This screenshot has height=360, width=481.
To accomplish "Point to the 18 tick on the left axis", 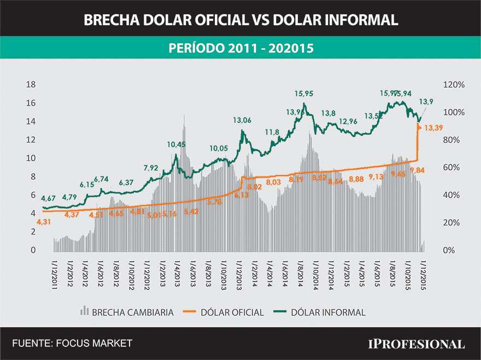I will click(31, 85).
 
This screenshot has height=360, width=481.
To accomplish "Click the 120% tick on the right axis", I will click(454, 85).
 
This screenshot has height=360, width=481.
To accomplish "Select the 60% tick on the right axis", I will click(454, 168).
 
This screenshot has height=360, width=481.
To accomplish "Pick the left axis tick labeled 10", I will click(31, 158).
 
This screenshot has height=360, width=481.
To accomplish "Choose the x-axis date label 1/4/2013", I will click(177, 274).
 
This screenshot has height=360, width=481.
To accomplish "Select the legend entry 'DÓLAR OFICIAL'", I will click(232, 312).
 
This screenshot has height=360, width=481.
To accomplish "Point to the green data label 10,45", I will click(176, 144).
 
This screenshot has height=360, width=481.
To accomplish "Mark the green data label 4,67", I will click(49, 198).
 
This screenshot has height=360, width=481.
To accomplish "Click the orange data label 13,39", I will click(433, 128).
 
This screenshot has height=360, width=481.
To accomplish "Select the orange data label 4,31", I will click(43, 221).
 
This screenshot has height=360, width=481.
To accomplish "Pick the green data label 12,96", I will click(348, 121).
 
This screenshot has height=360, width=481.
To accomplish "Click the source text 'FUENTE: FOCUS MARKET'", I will click(72, 343).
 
